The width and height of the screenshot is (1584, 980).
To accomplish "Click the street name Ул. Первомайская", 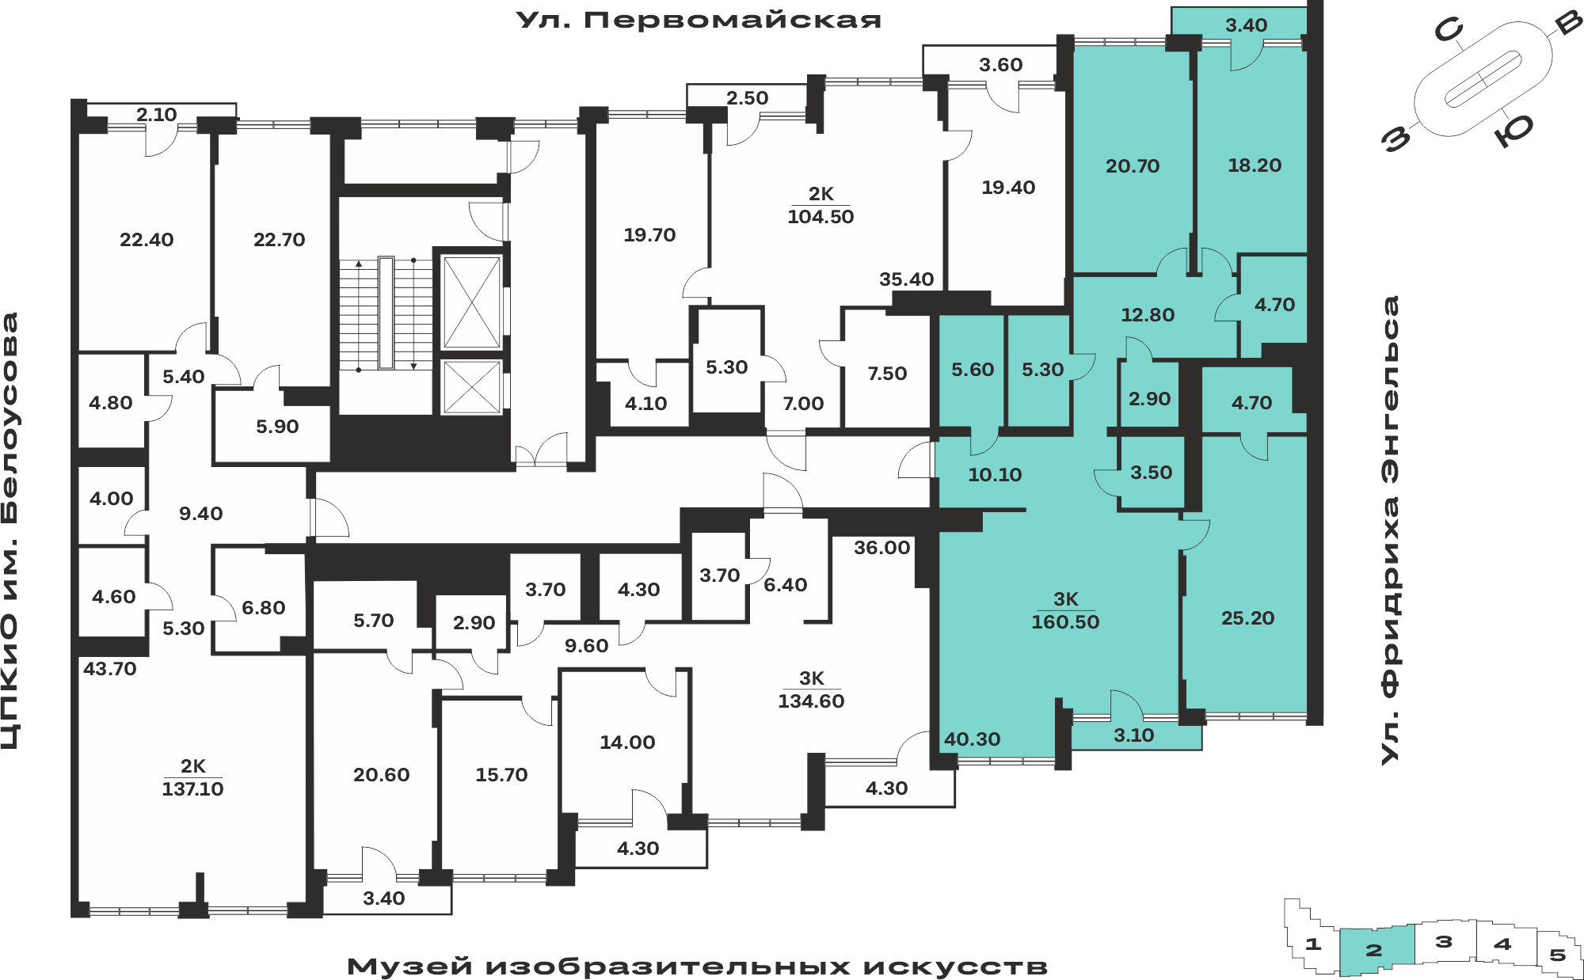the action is click(x=699, y=20).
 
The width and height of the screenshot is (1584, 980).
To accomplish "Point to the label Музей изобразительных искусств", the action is click(x=697, y=967).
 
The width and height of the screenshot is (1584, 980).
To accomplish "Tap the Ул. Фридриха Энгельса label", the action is click(x=1390, y=530).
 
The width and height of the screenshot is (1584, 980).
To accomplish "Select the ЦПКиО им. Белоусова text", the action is click(x=10, y=531).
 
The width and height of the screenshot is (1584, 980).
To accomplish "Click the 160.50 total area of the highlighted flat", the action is click(x=1065, y=622).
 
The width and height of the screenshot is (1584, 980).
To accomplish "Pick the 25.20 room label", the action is click(x=1247, y=618).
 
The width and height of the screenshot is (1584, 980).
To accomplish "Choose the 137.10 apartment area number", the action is click(x=192, y=789).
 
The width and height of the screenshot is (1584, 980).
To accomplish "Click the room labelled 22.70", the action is click(x=279, y=240).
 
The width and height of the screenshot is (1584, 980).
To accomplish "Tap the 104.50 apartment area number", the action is click(x=821, y=217).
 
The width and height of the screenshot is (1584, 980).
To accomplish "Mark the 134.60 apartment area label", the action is click(x=811, y=701).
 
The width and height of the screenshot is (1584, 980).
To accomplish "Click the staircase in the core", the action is click(x=386, y=313).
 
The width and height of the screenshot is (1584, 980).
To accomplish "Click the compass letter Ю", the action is click(x=1514, y=131).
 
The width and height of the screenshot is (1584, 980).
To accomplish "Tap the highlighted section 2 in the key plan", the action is click(x=1376, y=950).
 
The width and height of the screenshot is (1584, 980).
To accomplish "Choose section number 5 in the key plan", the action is click(x=1558, y=955).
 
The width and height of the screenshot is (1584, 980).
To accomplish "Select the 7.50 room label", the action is click(x=887, y=374).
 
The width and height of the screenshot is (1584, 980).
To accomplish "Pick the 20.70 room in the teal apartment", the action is click(x=1133, y=166).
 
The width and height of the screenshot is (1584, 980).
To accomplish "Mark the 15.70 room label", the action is click(x=501, y=775).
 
